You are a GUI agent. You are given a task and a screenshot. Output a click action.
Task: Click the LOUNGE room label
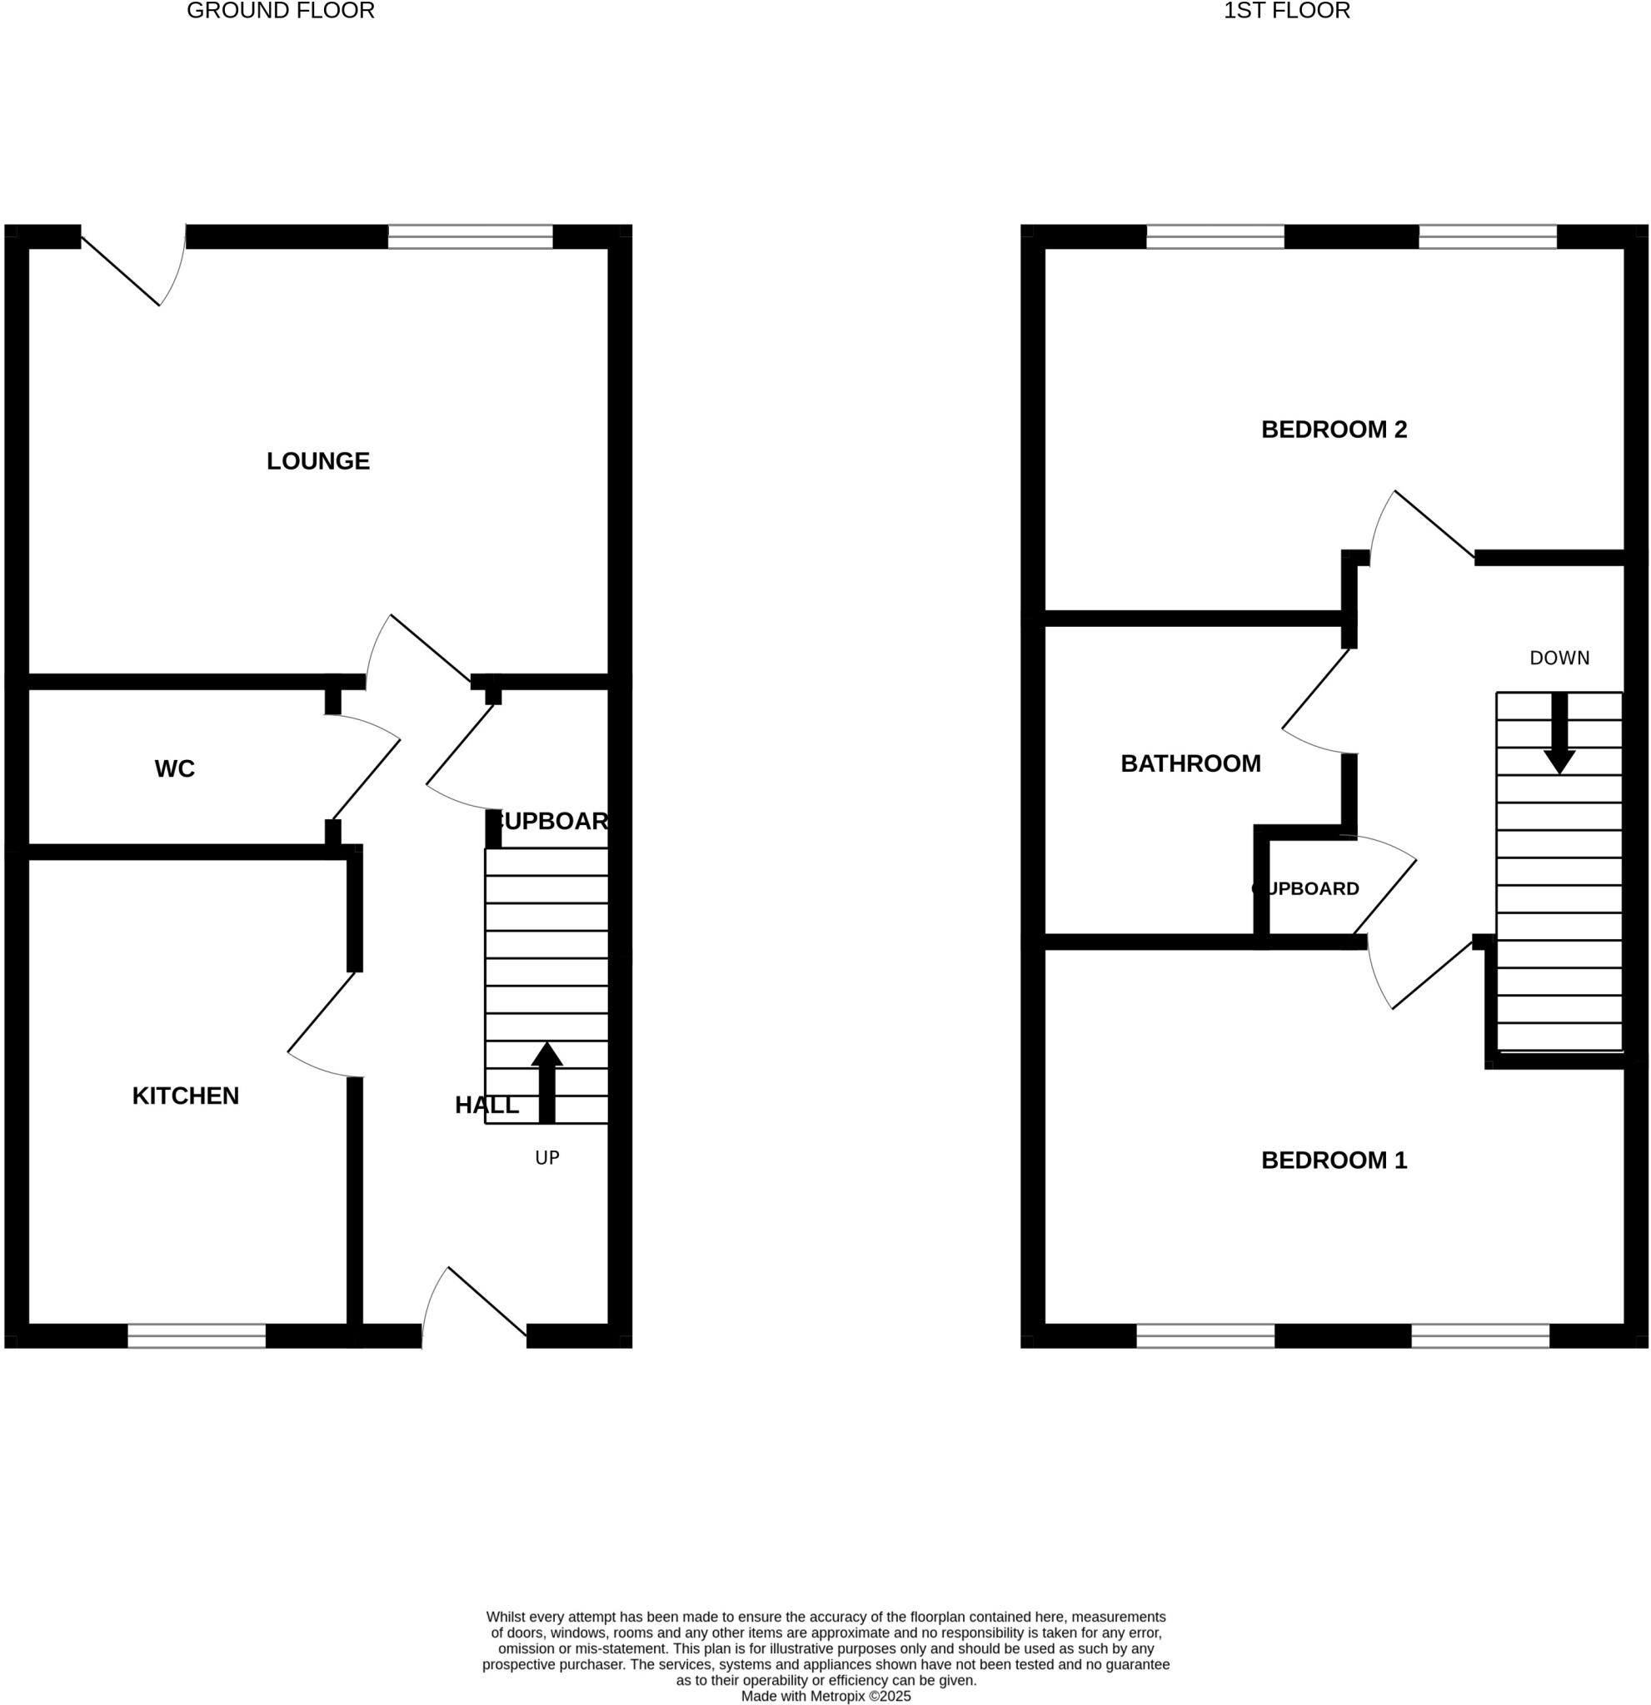(x=317, y=461)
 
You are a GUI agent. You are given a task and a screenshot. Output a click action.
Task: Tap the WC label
(x=174, y=769)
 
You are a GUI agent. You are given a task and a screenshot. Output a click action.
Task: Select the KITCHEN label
(x=186, y=1096)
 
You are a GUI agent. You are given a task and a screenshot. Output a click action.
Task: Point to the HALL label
(x=486, y=1106)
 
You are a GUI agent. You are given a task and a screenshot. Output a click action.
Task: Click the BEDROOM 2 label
(x=1334, y=430)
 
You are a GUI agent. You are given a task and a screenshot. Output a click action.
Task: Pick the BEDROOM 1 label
(x=1334, y=1161)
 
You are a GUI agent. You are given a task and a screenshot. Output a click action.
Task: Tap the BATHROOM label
(x=1190, y=763)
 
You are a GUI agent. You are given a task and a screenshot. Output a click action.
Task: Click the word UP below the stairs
(x=546, y=1158)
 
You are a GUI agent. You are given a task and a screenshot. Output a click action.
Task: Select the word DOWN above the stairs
(x=1559, y=659)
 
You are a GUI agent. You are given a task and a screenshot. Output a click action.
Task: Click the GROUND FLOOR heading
(x=280, y=12)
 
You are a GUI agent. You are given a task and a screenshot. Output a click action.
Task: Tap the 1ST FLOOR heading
(x=1286, y=12)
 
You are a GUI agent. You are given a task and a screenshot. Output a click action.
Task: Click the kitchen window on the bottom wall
(x=197, y=1336)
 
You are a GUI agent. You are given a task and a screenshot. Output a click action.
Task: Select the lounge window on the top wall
(x=470, y=236)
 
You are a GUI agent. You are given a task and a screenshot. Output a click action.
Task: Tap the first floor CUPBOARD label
(x=1304, y=889)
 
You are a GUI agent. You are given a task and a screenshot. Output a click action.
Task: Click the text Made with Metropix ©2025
(x=825, y=1697)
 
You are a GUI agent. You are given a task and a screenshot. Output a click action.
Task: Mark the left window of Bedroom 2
(x=1215, y=236)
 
